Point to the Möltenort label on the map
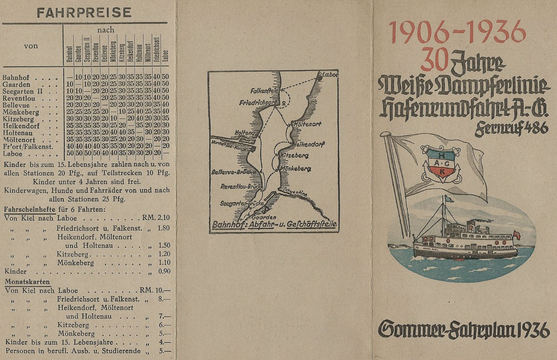click(307, 124)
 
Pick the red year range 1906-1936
click(457, 32)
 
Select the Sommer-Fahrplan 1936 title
click(463, 329)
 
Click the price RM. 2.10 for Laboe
click(156, 218)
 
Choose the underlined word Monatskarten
click(28, 282)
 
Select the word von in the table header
click(31, 46)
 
